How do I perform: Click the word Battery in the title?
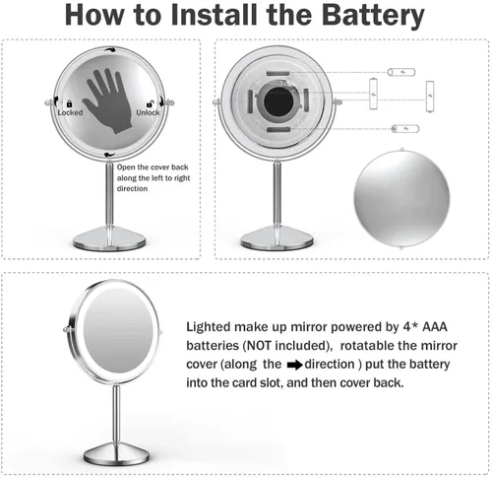pyautogui.click(x=373, y=16)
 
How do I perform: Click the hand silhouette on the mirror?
pyautogui.click(x=109, y=101)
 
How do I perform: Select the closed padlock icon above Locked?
pyautogui.click(x=69, y=103)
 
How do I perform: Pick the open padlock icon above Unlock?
pyautogui.click(x=150, y=103)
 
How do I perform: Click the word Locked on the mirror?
pyautogui.click(x=70, y=112)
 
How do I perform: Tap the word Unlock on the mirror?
pyautogui.click(x=148, y=112)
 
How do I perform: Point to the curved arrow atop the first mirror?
pyautogui.click(x=109, y=49)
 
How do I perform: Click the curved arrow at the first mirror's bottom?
pyautogui.click(x=109, y=155)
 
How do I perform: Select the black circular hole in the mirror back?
pyautogui.click(x=278, y=102)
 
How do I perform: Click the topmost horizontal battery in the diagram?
pyautogui.click(x=401, y=72)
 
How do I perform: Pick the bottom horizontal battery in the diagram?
pyautogui.click(x=405, y=128)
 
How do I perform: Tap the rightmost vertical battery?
pyautogui.click(x=430, y=97)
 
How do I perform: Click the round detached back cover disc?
pyautogui.click(x=401, y=198)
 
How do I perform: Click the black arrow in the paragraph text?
pyautogui.click(x=294, y=365)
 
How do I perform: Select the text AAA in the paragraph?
pyautogui.click(x=435, y=327)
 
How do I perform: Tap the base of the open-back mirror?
pyautogui.click(x=277, y=239)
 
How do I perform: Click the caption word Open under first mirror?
pyautogui.click(x=126, y=168)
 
